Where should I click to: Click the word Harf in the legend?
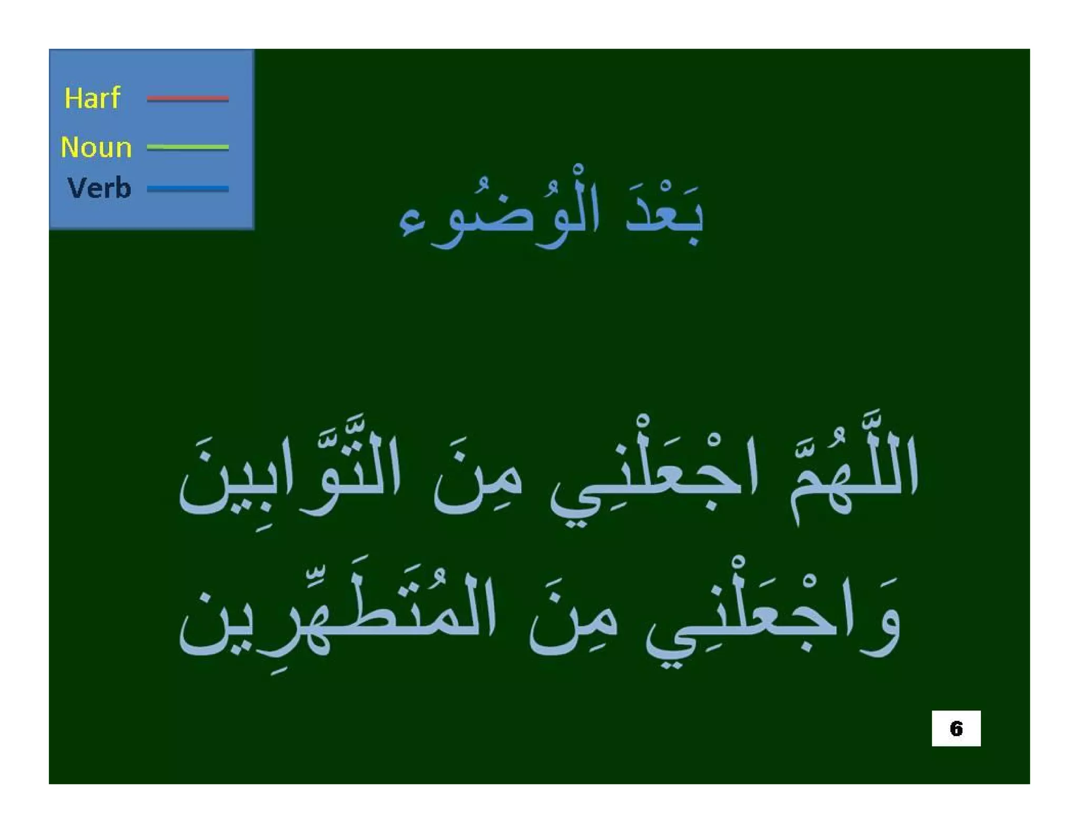[92, 98]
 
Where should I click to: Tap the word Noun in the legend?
[96, 147]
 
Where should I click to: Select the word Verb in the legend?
[99, 188]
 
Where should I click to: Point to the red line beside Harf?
[188, 98]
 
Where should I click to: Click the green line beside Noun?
[188, 147]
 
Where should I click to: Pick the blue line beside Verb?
[188, 189]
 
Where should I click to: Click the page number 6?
[956, 728]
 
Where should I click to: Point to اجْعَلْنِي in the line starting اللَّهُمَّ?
[653, 479]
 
